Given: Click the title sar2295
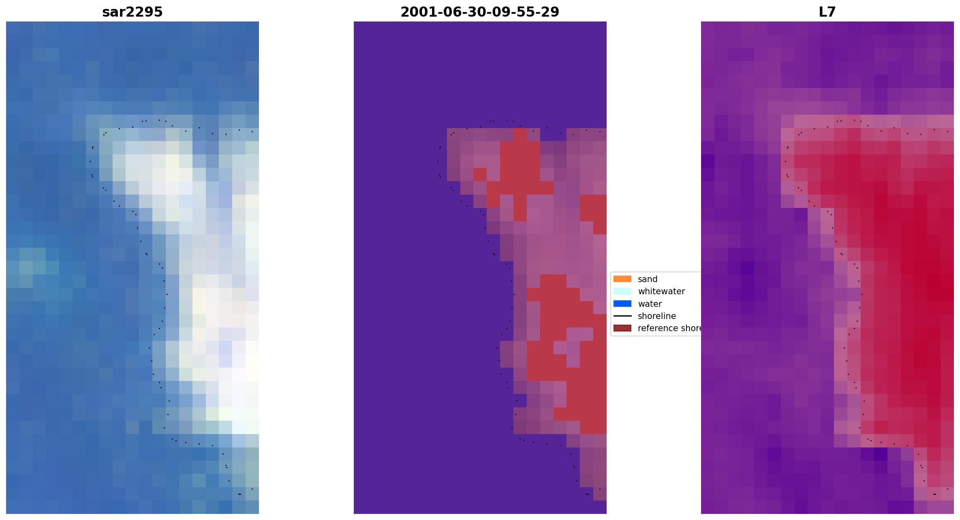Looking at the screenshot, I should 133,12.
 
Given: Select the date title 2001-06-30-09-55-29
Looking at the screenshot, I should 480,12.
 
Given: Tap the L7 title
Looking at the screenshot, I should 827,12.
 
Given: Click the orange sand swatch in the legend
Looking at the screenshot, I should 622,279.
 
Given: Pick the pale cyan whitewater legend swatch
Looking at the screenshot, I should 622,291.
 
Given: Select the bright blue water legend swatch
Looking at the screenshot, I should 622,304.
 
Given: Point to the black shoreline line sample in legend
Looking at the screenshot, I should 622,316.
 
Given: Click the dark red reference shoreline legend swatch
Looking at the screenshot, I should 622,328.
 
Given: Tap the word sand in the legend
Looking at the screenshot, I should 648,279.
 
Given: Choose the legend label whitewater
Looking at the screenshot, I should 661,291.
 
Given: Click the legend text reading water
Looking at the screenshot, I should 650,304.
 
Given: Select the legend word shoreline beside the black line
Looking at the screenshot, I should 657,316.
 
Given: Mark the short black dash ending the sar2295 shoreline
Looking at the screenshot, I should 240,494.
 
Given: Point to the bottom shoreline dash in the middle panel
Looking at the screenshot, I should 587,494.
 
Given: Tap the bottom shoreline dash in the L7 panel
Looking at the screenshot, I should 934,494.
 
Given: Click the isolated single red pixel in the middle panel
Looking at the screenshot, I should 480,175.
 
